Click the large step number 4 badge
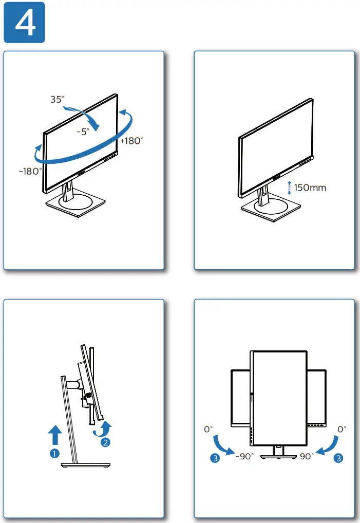[x=24, y=22]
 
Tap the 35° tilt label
[x=57, y=99]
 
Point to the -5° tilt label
[x=83, y=132]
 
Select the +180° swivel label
[x=131, y=141]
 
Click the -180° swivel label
[x=31, y=171]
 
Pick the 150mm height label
[x=310, y=188]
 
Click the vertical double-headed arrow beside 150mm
[x=289, y=188]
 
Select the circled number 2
[x=106, y=441]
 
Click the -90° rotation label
[x=244, y=456]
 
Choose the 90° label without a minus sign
[x=307, y=456]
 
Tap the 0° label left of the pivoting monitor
[x=208, y=428]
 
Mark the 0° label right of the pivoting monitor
[x=342, y=428]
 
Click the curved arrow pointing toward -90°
[x=223, y=444]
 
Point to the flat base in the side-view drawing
[x=85, y=465]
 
